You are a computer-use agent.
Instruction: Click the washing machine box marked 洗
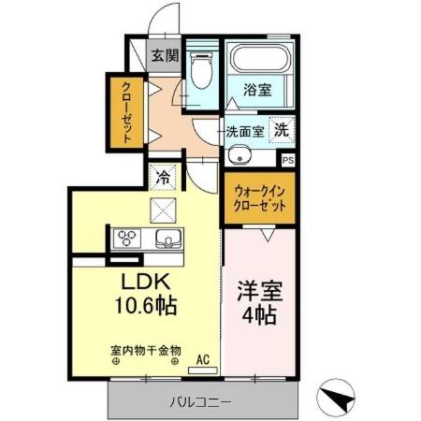pos(281,131)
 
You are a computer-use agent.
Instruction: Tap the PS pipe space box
pos(287,160)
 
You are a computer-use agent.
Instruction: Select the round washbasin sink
pos(239,155)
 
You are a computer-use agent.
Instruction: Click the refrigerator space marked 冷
pos(163,175)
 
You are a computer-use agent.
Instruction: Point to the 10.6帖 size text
pos(141,305)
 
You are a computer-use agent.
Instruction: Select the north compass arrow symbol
pos(339,400)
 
